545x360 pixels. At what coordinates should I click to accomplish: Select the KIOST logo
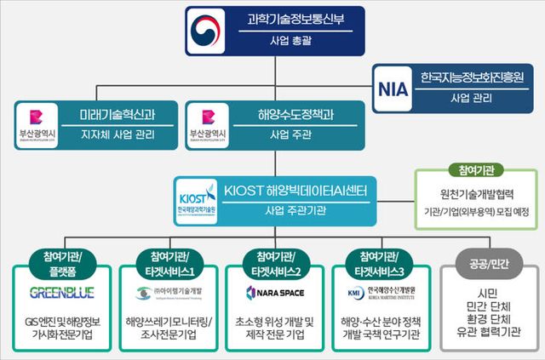click(x=197, y=197)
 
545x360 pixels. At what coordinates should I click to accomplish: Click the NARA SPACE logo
click(x=273, y=293)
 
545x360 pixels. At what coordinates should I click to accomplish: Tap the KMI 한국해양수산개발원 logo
click(x=381, y=293)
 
